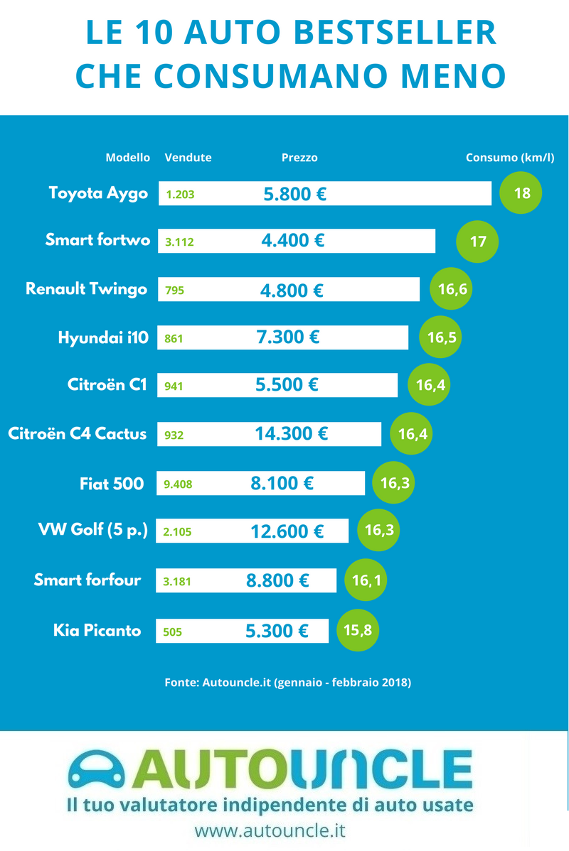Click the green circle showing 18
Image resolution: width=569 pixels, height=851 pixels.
[521, 193]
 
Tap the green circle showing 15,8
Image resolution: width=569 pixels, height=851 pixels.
[358, 630]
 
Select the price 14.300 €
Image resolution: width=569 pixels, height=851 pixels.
[292, 433]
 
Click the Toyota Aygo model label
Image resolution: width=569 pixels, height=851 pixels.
[98, 193]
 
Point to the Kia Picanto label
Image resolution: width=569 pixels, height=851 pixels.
[97, 630]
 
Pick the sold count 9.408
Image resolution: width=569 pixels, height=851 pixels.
[178, 485]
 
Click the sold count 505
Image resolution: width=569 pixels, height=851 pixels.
[173, 631]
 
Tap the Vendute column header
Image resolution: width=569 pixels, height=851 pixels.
[188, 158]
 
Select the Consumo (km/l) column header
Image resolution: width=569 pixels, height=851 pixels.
[509, 158]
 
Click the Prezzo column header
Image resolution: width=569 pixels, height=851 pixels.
[299, 158]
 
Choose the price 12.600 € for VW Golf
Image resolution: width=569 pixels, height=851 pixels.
[287, 531]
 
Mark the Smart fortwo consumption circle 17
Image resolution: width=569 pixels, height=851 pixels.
[477, 242]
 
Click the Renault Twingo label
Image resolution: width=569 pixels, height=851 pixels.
[86, 289]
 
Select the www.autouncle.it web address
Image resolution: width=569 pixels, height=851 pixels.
[270, 830]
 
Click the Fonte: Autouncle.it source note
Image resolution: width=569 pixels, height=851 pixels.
[287, 683]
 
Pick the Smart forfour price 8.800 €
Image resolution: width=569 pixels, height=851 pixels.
[277, 580]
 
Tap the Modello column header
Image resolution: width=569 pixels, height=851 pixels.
[128, 158]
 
